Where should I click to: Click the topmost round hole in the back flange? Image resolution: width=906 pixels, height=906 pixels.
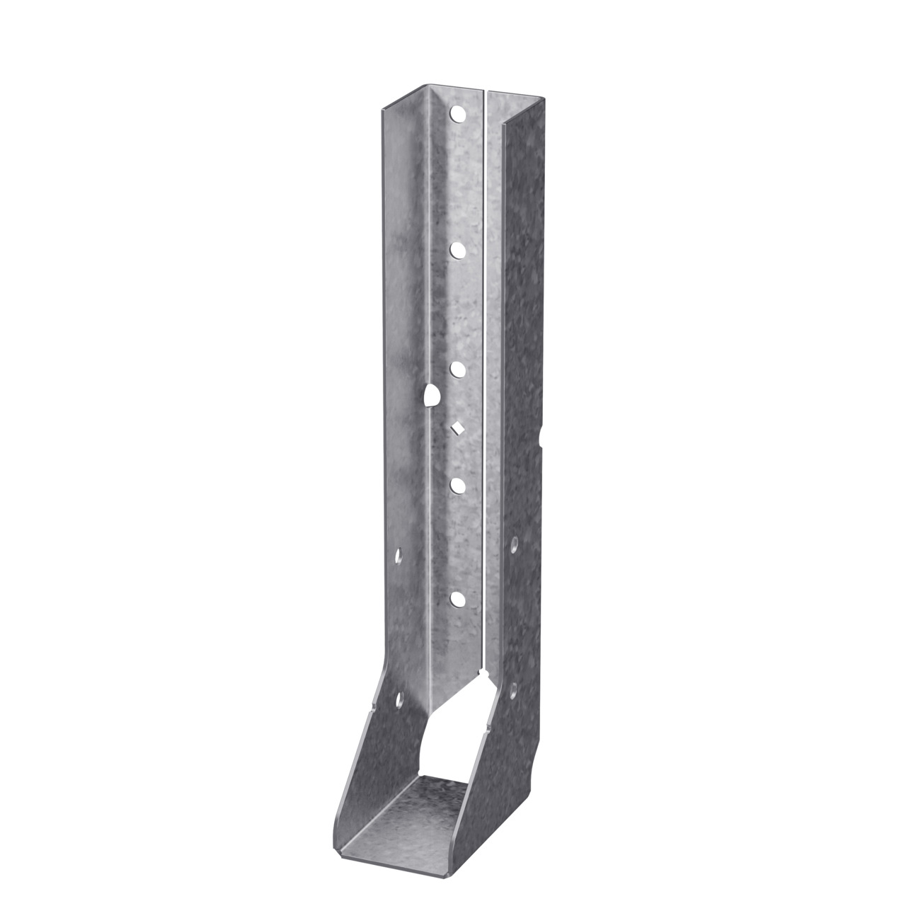click(457, 113)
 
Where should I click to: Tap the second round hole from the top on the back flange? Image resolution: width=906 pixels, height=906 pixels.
click(457, 250)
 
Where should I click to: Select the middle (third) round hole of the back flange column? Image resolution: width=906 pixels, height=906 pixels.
click(457, 369)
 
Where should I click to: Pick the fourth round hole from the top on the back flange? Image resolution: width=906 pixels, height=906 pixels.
click(457, 485)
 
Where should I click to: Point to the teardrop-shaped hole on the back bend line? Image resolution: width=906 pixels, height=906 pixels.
click(430, 395)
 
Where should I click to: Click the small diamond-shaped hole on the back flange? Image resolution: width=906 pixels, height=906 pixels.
click(457, 427)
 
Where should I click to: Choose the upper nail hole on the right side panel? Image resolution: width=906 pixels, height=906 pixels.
click(514, 544)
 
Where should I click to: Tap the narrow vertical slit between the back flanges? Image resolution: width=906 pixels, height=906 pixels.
click(485, 354)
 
